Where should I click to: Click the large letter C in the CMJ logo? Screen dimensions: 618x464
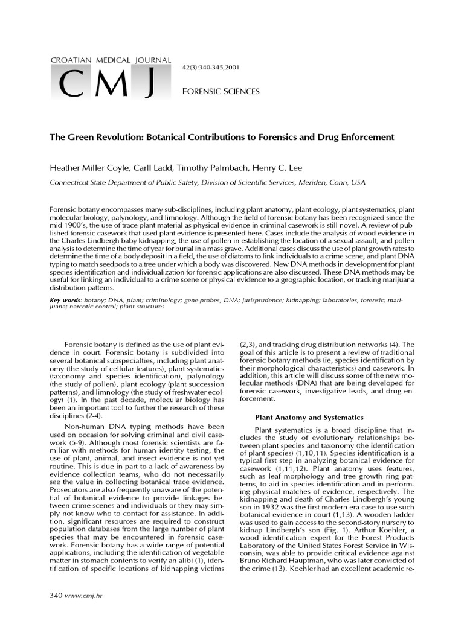tap(73, 85)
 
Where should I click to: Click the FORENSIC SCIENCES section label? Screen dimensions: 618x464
tap(221, 91)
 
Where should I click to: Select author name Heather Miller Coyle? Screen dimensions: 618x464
tap(88, 168)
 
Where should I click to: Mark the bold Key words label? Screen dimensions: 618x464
tap(65, 300)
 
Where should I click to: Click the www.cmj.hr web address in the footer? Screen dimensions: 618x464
tap(80, 596)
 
